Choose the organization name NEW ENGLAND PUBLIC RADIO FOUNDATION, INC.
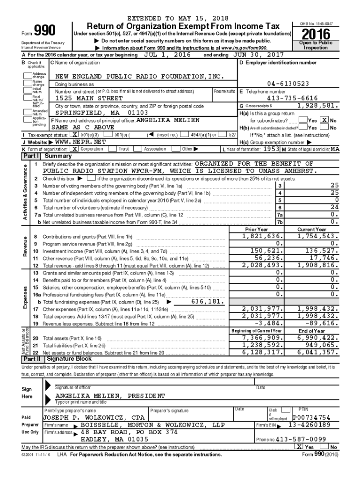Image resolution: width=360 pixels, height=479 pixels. coord(139,76)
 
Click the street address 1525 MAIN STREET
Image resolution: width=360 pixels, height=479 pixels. coord(89,99)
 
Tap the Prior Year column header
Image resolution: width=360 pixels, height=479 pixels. coord(257,230)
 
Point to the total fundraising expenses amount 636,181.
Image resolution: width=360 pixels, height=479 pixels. coord(208,302)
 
